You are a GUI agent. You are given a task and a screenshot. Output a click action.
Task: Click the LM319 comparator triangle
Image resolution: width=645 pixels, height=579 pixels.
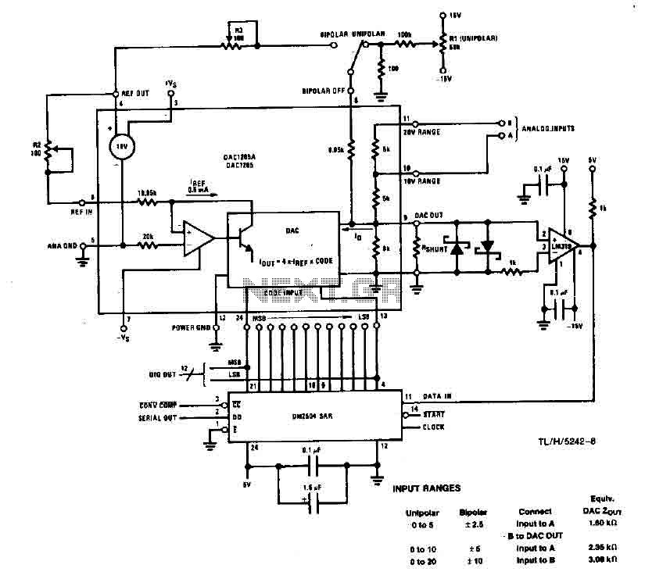pos(562,242)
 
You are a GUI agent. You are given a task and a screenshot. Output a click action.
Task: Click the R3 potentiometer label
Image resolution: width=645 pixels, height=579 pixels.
pos(238,30)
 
